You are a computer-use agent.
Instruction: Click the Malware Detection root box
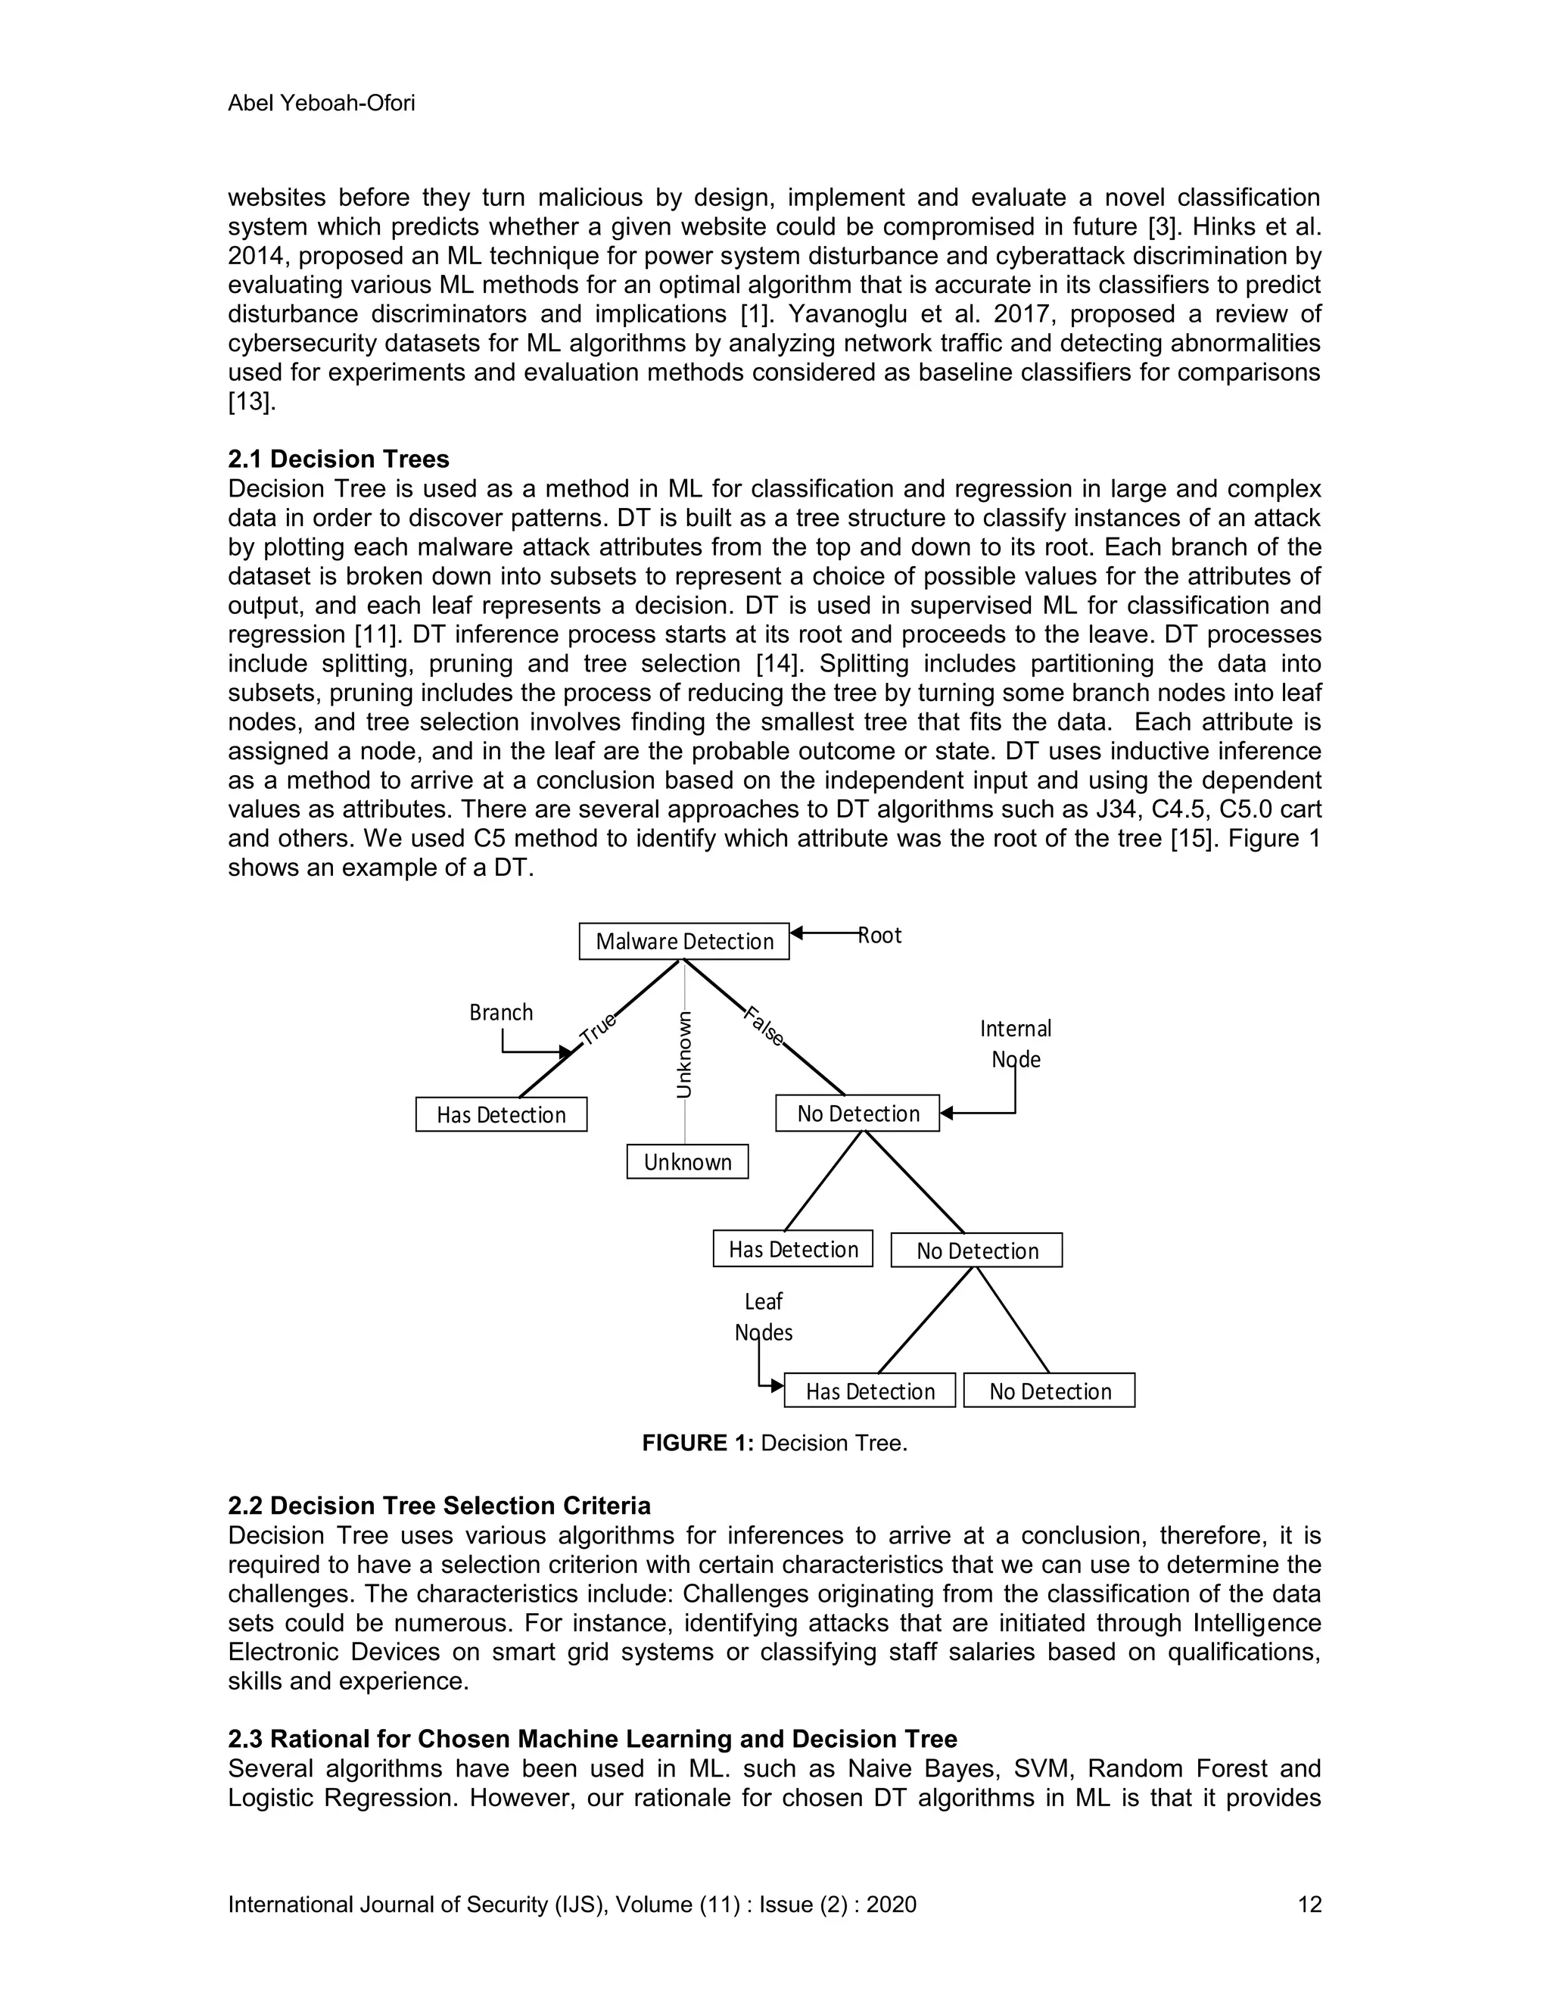tap(684, 942)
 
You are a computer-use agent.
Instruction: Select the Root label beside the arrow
tap(879, 935)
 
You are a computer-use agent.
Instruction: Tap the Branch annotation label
tap(500, 1012)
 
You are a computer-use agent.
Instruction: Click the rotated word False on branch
tap(764, 1027)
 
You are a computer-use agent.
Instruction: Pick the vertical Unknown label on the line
tap(684, 1054)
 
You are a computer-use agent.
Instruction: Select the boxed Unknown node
tap(687, 1162)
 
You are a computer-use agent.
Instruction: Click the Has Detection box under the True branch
tap(500, 1115)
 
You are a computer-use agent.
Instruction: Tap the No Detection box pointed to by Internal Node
tap(857, 1114)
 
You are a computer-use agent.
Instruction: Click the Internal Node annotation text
tap(1015, 1043)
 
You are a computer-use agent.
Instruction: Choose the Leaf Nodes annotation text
tap(763, 1317)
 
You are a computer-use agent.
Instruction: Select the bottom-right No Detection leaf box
tap(1049, 1391)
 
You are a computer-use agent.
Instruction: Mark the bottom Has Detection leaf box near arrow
tap(870, 1391)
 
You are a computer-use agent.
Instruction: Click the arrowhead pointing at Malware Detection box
tap(797, 933)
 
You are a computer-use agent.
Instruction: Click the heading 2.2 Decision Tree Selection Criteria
tap(439, 1506)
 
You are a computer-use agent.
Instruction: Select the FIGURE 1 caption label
tap(697, 1443)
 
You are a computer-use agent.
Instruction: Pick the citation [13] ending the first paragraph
tap(250, 402)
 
